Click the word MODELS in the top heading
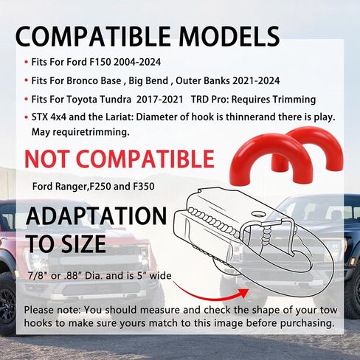[229, 36]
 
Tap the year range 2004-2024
[137, 62]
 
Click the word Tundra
[115, 100]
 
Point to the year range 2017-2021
[159, 100]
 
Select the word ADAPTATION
[96, 215]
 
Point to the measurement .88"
[73, 276]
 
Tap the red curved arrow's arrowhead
[243, 293]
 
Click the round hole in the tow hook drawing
[258, 213]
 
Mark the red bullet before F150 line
[27, 62]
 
